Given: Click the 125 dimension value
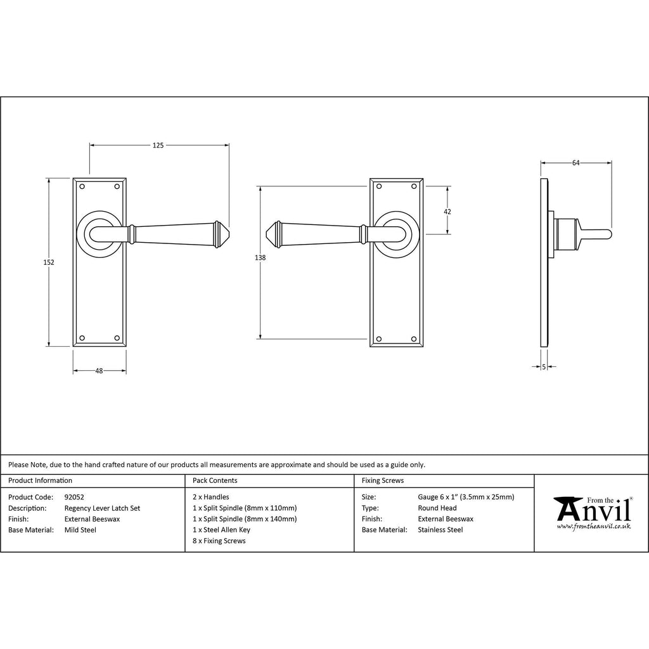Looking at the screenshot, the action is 158,145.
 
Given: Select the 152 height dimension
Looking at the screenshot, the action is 49,262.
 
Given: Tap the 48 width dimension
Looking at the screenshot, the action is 99,371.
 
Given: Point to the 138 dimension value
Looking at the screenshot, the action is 260,257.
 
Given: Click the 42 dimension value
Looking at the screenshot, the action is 447,212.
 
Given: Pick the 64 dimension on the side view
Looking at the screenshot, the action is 575,163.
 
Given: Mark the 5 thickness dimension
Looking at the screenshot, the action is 544,366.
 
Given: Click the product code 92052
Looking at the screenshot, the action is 74,497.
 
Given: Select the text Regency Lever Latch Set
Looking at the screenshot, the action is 102,508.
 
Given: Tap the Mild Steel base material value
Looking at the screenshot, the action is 80,530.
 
